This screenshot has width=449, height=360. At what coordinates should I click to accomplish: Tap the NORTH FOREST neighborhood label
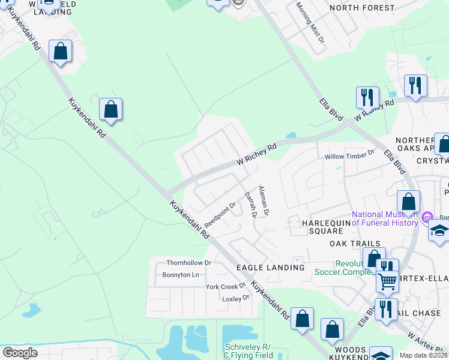click(x=362, y=8)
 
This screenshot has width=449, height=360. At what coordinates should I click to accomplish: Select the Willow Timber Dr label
click(x=349, y=156)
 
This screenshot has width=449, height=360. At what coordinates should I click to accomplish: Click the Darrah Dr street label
click(x=250, y=204)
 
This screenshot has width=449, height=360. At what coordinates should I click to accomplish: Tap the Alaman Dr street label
click(x=264, y=200)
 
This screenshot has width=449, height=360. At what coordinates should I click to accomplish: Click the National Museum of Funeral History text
click(x=384, y=218)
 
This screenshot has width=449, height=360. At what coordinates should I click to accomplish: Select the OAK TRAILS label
click(x=354, y=244)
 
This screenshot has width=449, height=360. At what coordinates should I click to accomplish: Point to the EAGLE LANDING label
click(x=270, y=267)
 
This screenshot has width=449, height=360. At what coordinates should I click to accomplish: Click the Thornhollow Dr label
click(x=188, y=263)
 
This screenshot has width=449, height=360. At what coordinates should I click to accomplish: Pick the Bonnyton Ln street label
click(x=180, y=275)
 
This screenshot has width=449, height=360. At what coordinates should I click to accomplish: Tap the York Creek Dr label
click(x=226, y=286)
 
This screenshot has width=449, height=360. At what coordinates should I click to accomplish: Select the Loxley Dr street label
click(x=235, y=298)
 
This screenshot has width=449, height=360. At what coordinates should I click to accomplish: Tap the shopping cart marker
click(x=387, y=280)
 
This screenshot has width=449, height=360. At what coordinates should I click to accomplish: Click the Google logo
click(x=20, y=353)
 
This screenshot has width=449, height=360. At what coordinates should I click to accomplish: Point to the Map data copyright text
click(x=424, y=355)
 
